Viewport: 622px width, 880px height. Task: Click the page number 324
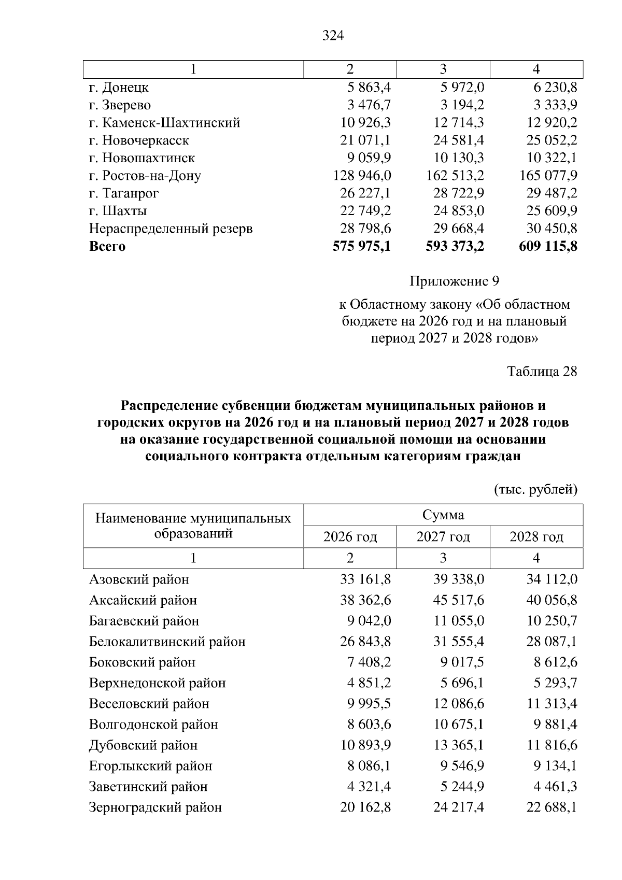click(x=333, y=36)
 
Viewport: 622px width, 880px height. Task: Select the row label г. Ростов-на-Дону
click(x=145, y=176)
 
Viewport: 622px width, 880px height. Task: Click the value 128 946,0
click(x=362, y=176)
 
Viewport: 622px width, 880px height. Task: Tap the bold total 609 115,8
click(x=548, y=246)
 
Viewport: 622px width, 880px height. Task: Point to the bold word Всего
click(x=107, y=246)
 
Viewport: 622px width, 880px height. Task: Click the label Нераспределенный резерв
click(x=171, y=229)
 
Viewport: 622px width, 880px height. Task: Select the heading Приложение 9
click(x=454, y=281)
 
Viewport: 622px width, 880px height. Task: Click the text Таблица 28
click(x=542, y=372)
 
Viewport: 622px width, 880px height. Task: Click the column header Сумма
click(x=443, y=515)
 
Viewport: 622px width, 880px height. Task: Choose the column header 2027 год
click(x=443, y=537)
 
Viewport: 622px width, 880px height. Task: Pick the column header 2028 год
click(x=536, y=537)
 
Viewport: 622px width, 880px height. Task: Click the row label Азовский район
click(x=139, y=579)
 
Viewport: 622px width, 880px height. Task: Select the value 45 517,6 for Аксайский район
click(x=458, y=600)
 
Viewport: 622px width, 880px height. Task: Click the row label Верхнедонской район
click(x=157, y=683)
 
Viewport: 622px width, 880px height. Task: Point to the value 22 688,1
click(x=552, y=807)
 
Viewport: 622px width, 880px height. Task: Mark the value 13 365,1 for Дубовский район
click(x=458, y=745)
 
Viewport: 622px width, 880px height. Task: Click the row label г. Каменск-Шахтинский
click(x=164, y=123)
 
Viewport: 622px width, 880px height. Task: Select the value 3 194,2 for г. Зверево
click(x=462, y=105)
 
